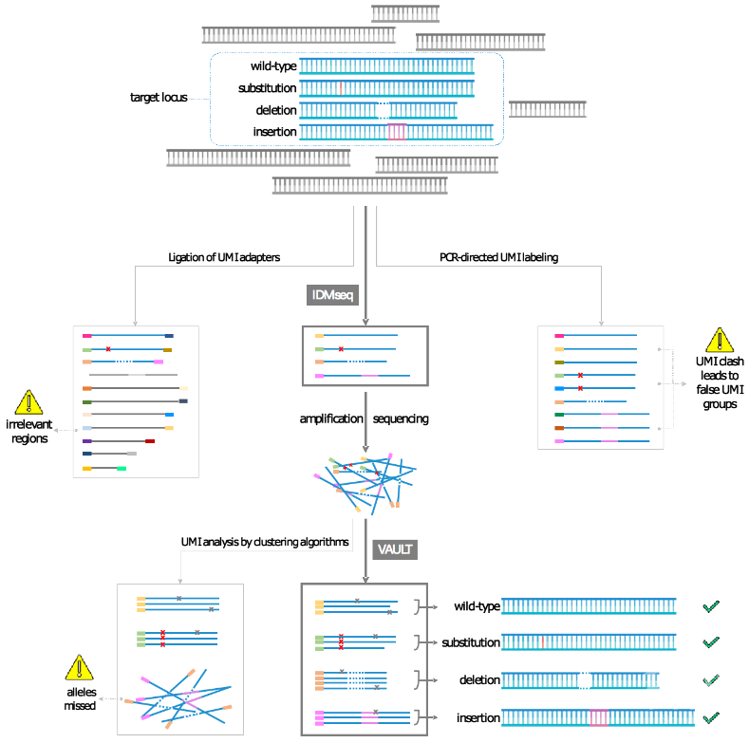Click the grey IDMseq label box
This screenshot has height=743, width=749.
coord(332,295)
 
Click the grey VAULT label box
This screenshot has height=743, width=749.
coord(395,549)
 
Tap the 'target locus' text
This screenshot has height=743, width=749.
coord(159,98)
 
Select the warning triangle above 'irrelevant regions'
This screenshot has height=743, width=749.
coord(29,402)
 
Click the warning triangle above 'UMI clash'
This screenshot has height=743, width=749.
coord(720,340)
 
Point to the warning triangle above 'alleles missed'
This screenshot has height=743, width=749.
coord(80,667)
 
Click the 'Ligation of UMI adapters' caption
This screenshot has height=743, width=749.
coord(224,257)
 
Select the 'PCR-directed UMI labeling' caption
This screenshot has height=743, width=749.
coord(498,257)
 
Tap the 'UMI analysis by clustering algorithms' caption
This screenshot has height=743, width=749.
coord(265,542)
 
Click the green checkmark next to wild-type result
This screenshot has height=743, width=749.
coord(711,606)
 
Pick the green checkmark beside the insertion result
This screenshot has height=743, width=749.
coord(711,717)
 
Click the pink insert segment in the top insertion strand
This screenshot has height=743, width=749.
coord(397,132)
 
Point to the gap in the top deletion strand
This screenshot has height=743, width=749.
coord(384,110)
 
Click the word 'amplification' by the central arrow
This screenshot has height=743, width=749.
coord(331,418)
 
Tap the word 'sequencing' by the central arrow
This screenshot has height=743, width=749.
coord(401,418)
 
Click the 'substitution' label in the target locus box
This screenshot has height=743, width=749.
coord(267,88)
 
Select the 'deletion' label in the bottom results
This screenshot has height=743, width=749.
coord(479,680)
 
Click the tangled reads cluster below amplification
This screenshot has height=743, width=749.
coord(365,483)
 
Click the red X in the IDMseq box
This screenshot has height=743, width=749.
coord(341,349)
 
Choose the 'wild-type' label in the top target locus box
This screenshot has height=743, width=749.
coord(273,66)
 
